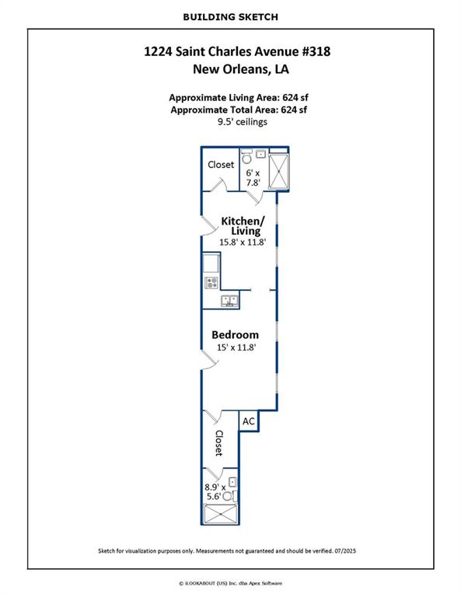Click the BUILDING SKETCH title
[230, 17]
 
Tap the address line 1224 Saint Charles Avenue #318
[237, 51]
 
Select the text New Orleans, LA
[240, 69]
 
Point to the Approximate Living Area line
[239, 97]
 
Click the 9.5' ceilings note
[242, 122]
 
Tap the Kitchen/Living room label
[243, 225]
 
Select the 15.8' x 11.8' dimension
[242, 243]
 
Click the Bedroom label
[235, 335]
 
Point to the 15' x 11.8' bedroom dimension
[236, 347]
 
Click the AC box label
[248, 421]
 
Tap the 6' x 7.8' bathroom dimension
[253, 178]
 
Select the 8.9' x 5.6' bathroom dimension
[215, 492]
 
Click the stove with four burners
[211, 282]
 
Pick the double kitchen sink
[230, 302]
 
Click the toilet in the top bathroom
[246, 156]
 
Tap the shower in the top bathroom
[278, 171]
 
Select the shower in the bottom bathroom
[221, 514]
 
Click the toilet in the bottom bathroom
[229, 496]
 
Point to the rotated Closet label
[219, 443]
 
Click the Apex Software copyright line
[231, 583]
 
